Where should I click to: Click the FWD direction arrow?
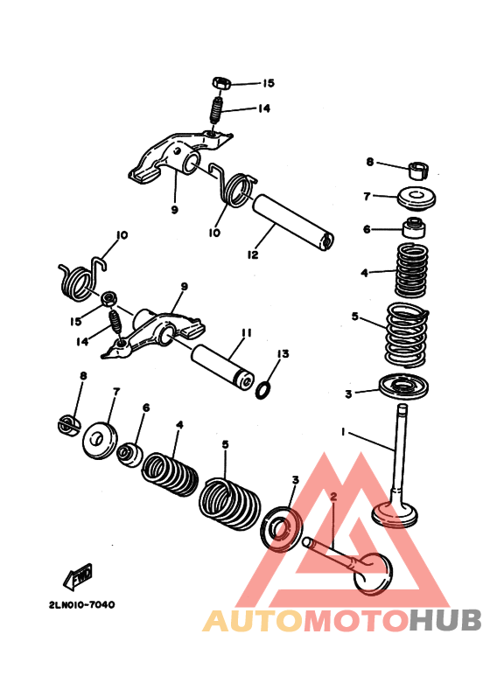pyautogui.click(x=78, y=577)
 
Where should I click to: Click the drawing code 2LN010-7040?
pyautogui.click(x=82, y=605)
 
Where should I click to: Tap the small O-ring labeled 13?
pyautogui.click(x=263, y=390)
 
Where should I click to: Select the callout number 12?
pyautogui.click(x=253, y=254)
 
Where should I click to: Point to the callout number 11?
pyautogui.click(x=247, y=333)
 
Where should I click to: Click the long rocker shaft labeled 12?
pyautogui.click(x=292, y=223)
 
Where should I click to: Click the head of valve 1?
pyautogui.click(x=395, y=515)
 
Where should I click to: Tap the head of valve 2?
pyautogui.click(x=373, y=574)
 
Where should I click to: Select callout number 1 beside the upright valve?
pyautogui.click(x=343, y=431)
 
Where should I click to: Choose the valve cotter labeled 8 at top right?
pyautogui.click(x=419, y=171)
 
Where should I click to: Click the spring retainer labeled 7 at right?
pyautogui.click(x=416, y=199)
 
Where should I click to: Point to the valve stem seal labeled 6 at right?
pyautogui.click(x=415, y=228)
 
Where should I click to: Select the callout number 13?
pyautogui.click(x=283, y=354)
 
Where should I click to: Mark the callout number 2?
pyautogui.click(x=333, y=496)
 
